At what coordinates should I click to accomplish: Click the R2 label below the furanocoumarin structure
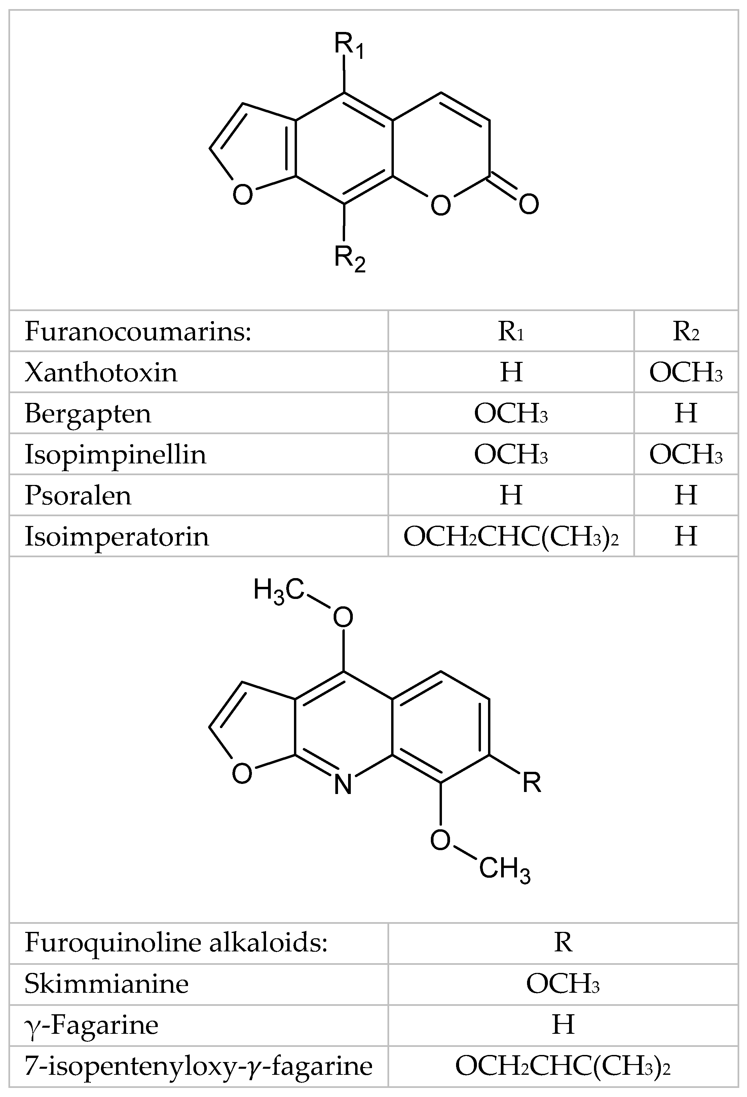(349, 259)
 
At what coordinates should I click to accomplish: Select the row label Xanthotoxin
(101, 372)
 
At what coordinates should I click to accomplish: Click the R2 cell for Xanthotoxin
(685, 372)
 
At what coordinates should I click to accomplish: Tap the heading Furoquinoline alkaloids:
(176, 943)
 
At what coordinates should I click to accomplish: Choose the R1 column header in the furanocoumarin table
(511, 331)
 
